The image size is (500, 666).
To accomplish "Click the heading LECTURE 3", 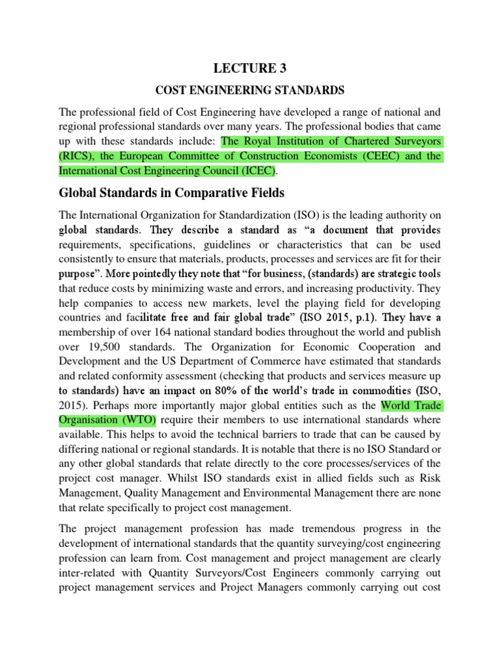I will coord(250,68).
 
